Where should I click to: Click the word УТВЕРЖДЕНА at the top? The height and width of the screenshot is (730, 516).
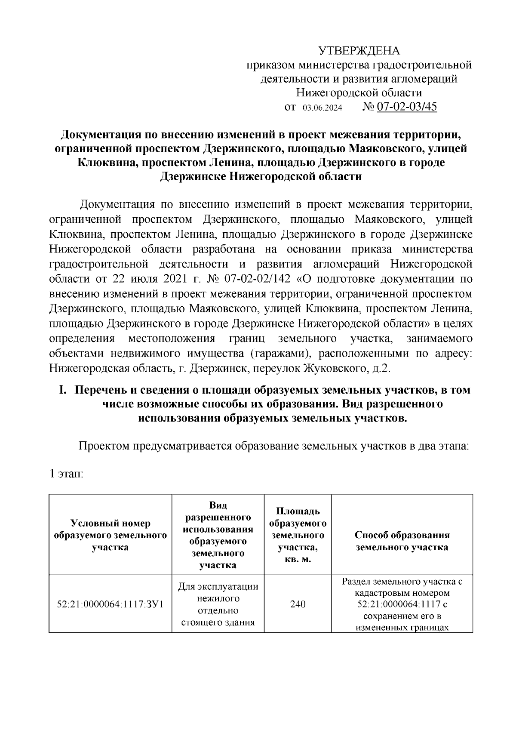(x=359, y=51)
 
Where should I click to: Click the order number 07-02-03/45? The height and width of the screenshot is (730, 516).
(x=407, y=107)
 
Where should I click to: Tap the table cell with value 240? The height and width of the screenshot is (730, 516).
(x=298, y=604)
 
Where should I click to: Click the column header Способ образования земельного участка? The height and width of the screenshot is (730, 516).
(x=402, y=541)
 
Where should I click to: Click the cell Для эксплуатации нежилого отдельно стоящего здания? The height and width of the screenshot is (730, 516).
(x=218, y=604)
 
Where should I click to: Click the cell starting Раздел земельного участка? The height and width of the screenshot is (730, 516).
(x=402, y=604)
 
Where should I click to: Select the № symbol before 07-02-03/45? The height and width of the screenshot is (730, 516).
(x=369, y=107)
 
